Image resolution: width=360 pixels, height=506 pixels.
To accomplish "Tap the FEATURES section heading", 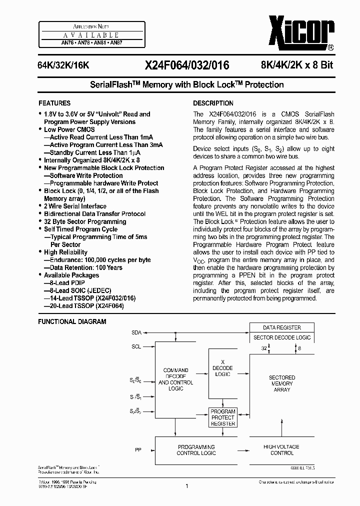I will coord(54,103).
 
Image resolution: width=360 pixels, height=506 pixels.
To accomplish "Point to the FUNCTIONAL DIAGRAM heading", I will coord(72,321).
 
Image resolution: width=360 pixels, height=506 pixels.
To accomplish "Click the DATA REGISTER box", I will coord(282,327).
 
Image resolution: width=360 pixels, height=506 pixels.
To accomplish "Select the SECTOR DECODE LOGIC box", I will coord(282,337).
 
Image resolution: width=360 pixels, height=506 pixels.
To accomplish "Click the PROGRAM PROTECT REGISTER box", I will coord(223,417).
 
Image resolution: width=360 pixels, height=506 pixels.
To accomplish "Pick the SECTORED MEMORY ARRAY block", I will coord(282,383).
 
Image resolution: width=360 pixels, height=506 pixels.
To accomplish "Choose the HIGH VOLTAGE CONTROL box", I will coord(282,449).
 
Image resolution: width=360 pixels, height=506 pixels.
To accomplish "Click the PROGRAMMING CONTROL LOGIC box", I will coord(196,449).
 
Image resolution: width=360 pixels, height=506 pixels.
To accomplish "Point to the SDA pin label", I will coord(136,332).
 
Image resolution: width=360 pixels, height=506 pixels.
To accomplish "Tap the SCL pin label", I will coord(136,346).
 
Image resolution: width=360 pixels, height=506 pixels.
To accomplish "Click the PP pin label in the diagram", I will coord(138,449).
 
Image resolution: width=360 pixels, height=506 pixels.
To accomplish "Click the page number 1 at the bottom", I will coord(186,485).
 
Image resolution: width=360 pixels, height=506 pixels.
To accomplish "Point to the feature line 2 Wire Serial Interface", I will coord(75,206).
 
